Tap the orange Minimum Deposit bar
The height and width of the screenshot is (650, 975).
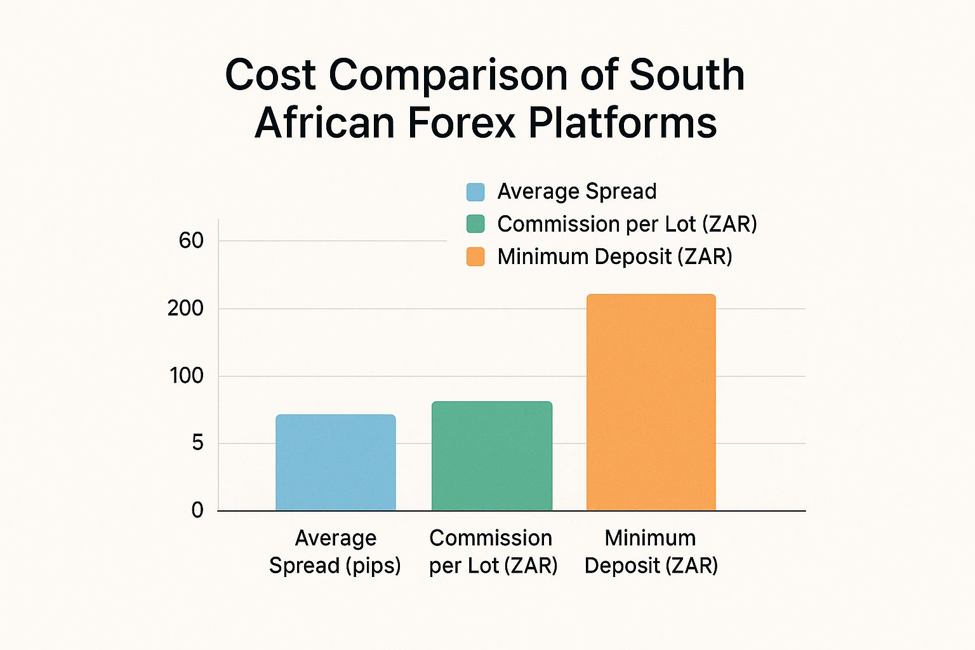pos(651,402)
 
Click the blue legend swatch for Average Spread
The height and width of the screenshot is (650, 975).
pos(475,192)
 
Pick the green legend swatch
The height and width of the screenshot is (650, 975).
pos(475,224)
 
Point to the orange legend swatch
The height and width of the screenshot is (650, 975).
pos(475,256)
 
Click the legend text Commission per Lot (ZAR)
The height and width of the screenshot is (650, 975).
pos(627,224)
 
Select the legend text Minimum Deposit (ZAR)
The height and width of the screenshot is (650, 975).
pos(614,256)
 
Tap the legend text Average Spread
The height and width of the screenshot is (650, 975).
pos(576,192)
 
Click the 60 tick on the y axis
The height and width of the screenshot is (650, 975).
pos(191,241)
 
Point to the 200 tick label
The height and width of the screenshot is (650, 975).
pos(185,308)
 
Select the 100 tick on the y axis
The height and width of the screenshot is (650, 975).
pos(186,376)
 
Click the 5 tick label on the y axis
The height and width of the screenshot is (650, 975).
pos(197,442)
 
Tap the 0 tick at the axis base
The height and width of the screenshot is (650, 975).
pos(197,510)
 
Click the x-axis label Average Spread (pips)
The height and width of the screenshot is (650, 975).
pos(335,551)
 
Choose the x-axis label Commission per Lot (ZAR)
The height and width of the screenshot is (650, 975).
pos(493,551)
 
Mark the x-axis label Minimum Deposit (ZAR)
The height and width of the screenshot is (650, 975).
pos(651,551)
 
